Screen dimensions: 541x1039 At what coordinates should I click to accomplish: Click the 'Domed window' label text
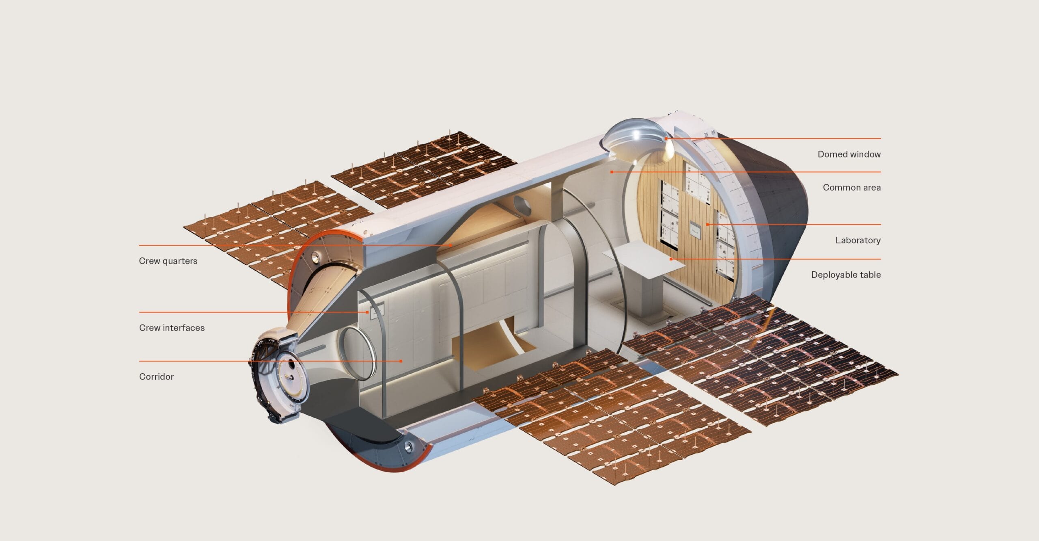849,154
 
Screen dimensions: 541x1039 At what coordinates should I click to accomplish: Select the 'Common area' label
851,188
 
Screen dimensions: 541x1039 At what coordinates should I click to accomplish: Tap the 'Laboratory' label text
858,240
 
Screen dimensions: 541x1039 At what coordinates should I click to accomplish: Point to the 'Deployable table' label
845,275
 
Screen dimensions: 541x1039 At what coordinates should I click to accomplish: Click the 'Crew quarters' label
168,261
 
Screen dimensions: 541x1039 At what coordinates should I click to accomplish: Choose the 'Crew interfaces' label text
172,328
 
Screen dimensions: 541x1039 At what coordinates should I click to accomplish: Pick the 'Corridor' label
156,377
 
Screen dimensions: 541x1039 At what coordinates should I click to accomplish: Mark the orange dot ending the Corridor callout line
401,361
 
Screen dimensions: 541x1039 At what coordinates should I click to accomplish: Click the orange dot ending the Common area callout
612,172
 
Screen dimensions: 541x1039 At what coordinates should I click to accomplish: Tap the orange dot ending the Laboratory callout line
707,224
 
